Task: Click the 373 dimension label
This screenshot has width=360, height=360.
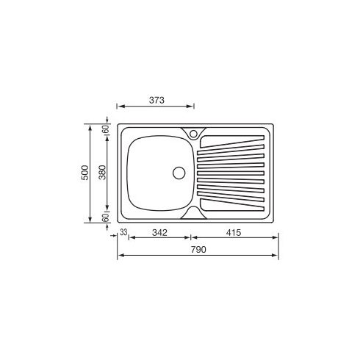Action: coord(156,100)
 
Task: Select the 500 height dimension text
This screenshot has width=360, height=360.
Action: coord(85,173)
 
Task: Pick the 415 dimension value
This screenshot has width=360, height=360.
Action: coord(234,233)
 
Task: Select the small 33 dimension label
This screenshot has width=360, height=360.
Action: coord(123,233)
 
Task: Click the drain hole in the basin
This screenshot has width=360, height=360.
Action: coord(179,173)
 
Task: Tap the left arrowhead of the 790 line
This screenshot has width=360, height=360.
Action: coord(120,256)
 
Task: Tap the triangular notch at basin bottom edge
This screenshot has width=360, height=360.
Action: coord(192,212)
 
